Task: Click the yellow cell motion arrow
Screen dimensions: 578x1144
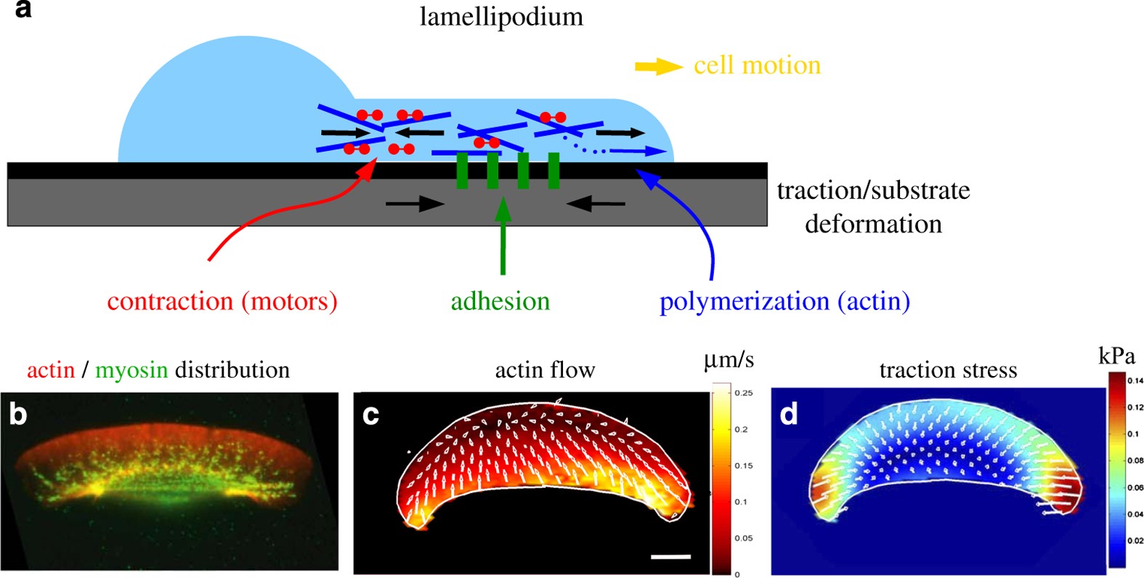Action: pos(658,67)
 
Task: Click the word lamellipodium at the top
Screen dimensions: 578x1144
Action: pos(501,17)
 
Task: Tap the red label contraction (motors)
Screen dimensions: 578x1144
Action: pos(222,301)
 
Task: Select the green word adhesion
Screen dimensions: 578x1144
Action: pos(500,301)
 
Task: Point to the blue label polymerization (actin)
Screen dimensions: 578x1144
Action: pos(784,301)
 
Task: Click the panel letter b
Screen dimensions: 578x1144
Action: pos(17,414)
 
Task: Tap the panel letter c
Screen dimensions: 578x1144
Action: pos(370,414)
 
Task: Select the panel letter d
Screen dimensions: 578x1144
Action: pos(788,414)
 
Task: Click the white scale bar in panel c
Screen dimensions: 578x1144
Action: pos(670,557)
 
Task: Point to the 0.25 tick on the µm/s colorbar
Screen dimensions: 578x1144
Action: pos(743,393)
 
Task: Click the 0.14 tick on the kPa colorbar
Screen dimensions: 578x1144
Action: pos(1135,380)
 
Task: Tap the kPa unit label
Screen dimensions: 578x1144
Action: pos(1116,357)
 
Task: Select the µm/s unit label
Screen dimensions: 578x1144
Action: pos(729,359)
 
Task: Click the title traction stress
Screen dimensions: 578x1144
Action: pos(948,370)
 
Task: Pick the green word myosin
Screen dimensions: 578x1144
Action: pos(131,370)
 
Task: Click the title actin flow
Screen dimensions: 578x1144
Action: pos(545,370)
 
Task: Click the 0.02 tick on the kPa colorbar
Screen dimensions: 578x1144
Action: pos(1135,540)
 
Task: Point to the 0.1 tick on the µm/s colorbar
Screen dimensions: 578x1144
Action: pos(740,502)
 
